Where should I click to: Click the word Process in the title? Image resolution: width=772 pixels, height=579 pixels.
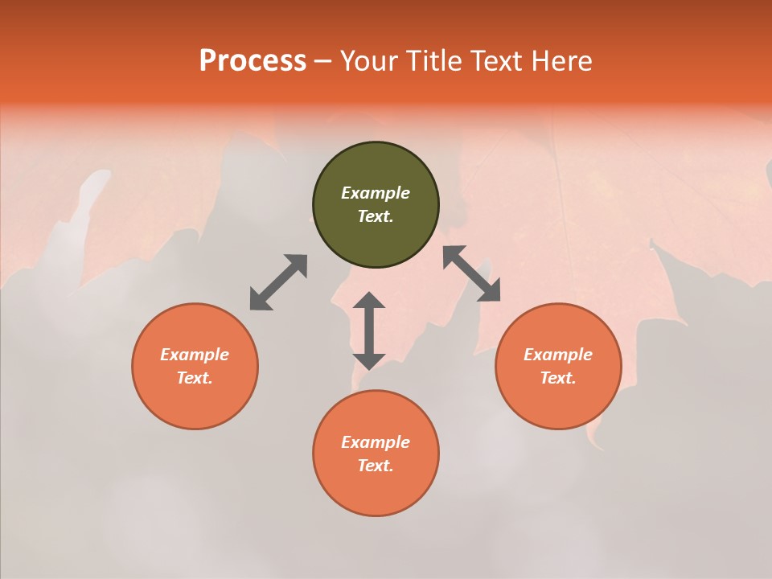click(x=253, y=61)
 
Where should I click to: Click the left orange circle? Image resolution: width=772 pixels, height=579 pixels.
click(x=195, y=366)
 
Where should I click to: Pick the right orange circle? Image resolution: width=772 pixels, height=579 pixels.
click(x=558, y=366)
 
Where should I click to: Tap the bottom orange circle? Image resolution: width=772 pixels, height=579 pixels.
click(x=376, y=453)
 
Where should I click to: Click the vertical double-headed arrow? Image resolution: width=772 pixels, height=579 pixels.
click(x=369, y=331)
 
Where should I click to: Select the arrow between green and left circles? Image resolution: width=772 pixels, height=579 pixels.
click(x=278, y=282)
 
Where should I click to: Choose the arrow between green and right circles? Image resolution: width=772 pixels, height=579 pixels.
click(x=472, y=273)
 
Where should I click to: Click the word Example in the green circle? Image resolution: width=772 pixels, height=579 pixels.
click(x=376, y=193)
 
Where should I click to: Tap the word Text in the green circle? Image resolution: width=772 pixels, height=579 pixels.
click(x=376, y=216)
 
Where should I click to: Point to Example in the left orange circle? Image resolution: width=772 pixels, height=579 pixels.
click(x=195, y=355)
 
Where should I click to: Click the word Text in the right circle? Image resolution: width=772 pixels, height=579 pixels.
click(x=558, y=378)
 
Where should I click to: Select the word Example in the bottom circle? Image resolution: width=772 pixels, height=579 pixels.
click(x=376, y=442)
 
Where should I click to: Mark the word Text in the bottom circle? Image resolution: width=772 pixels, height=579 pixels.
click(x=376, y=466)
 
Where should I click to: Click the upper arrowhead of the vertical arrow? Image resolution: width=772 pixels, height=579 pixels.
click(x=369, y=300)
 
